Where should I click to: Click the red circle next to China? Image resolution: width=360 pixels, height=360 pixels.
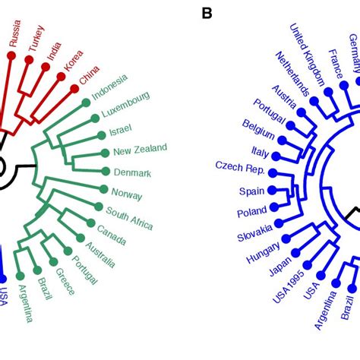[x=74, y=89]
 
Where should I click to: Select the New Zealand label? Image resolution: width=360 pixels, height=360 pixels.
[x=140, y=150]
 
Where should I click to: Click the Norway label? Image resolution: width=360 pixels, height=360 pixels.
[x=126, y=194]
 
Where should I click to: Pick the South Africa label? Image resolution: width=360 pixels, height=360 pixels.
[x=129, y=217]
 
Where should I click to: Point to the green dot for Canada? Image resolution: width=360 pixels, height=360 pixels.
[x=90, y=223]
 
